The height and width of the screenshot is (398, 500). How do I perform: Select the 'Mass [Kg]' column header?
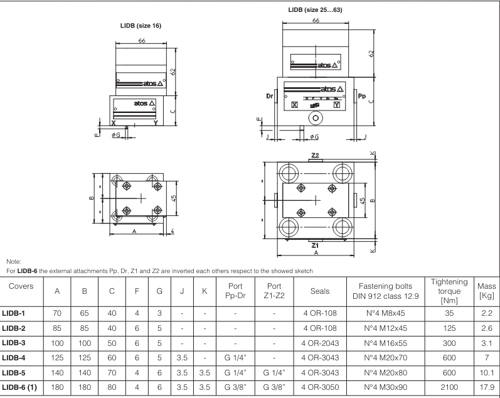click(487, 289)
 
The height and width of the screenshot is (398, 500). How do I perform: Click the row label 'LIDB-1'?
click(17, 311)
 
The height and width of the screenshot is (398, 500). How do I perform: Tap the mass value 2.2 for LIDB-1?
click(487, 311)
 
